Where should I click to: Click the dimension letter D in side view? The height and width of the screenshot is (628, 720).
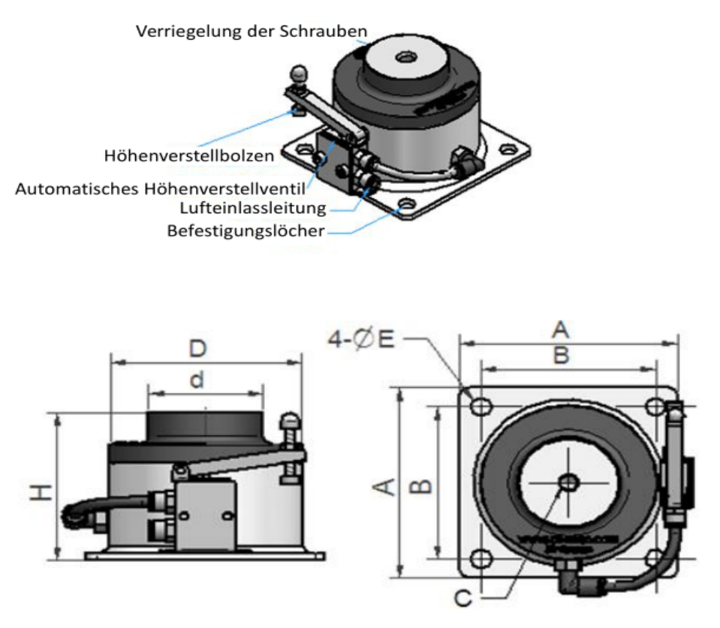[x=197, y=350]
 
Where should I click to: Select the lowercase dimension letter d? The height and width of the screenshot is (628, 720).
[x=196, y=380]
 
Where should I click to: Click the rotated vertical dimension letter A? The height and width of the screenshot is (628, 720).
[x=384, y=488]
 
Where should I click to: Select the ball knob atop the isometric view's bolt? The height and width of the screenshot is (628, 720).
[x=299, y=74]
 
